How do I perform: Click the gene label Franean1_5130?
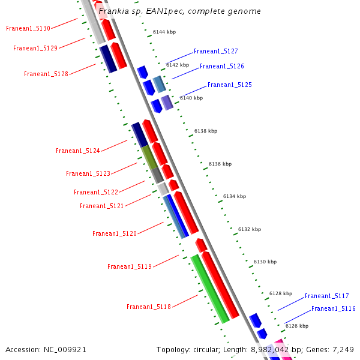tap(28, 28)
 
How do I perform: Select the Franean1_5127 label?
tap(215, 52)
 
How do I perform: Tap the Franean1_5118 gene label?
tap(149, 307)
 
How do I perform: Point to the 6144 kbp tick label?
tap(164, 32)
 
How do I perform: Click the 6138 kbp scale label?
tap(206, 131)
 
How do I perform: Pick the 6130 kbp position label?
tap(265, 262)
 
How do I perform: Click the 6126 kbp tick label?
tap(297, 326)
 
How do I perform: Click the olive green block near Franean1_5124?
tap(149, 156)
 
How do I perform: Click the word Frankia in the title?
tap(113, 11)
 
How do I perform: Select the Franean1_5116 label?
tap(333, 308)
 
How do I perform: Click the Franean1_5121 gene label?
tap(102, 206)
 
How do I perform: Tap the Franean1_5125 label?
tap(230, 85)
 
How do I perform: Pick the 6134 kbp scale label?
tap(235, 196)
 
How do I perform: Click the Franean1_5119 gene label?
tap(130, 266)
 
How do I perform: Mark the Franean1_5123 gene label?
tap(88, 173)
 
